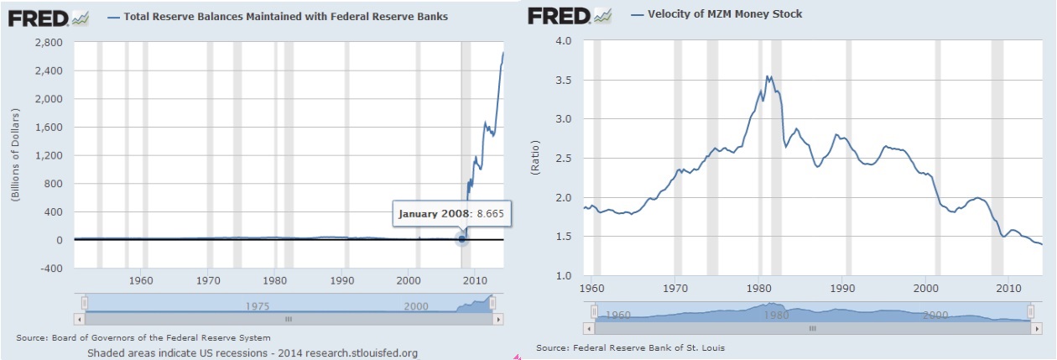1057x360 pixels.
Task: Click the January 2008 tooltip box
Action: click(x=451, y=213)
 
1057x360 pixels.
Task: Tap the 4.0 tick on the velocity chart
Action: click(x=563, y=41)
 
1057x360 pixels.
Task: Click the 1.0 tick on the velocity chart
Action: click(x=563, y=276)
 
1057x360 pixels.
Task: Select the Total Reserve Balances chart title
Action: click(x=285, y=16)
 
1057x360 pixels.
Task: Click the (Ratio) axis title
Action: click(x=534, y=159)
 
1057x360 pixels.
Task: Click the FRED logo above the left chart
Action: click(x=37, y=17)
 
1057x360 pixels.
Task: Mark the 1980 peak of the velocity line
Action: click(x=767, y=76)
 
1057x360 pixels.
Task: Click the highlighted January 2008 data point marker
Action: click(x=461, y=239)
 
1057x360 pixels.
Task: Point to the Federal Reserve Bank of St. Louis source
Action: click(x=630, y=347)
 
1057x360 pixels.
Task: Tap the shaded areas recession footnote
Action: click(x=252, y=352)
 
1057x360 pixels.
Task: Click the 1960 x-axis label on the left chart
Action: click(x=142, y=279)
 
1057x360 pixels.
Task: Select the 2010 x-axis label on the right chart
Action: click(x=1009, y=287)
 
